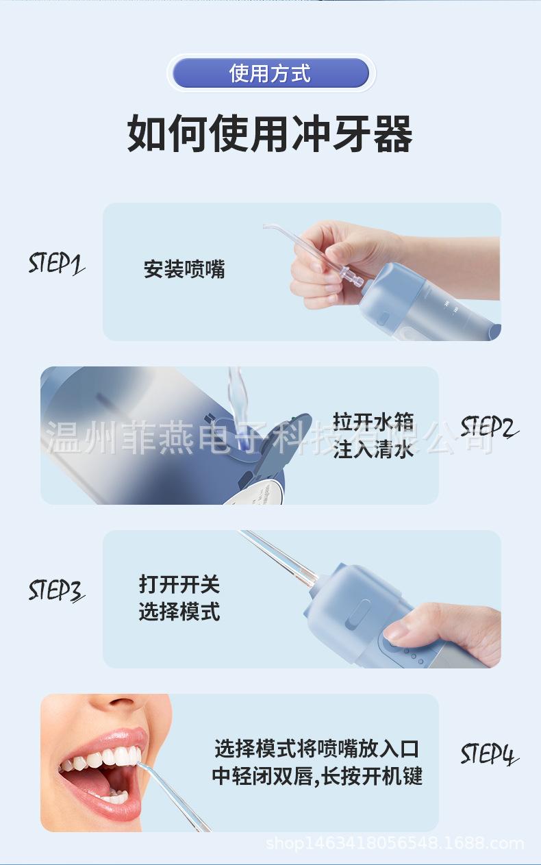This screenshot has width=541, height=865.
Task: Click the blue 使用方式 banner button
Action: [270, 73]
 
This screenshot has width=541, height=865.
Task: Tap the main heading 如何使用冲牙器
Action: [270, 134]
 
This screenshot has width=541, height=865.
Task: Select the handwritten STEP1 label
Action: [56, 264]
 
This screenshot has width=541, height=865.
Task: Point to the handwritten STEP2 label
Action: [489, 427]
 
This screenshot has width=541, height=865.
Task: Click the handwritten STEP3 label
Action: [56, 590]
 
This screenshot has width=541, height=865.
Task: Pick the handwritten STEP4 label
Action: [489, 753]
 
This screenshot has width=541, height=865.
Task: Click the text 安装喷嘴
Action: [184, 269]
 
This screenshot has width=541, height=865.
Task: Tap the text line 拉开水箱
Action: [373, 421]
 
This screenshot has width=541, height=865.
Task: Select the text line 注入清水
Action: [373, 450]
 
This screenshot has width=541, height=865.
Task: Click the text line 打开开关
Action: [179, 584]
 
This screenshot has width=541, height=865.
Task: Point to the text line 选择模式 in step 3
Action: [179, 612]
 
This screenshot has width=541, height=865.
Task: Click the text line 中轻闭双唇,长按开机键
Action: [317, 776]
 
